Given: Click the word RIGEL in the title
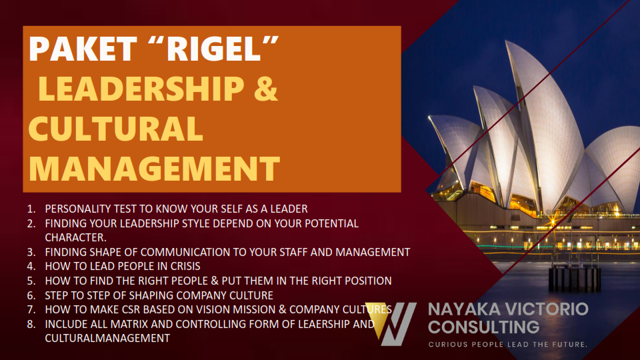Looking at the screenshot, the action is click(x=213, y=49).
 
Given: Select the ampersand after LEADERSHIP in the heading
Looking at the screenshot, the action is click(x=266, y=88).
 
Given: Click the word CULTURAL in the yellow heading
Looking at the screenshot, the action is click(x=115, y=128).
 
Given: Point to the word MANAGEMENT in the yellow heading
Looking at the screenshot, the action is click(x=154, y=168).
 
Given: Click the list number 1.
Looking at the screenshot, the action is click(x=31, y=209).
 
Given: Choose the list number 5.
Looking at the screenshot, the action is click(x=31, y=281).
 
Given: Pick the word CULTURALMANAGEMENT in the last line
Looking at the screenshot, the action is click(x=107, y=339).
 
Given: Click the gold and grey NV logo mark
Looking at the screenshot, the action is click(x=391, y=323).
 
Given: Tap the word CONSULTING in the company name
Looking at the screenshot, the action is click(x=484, y=327).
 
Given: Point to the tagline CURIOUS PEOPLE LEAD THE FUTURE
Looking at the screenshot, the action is click(x=508, y=345).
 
